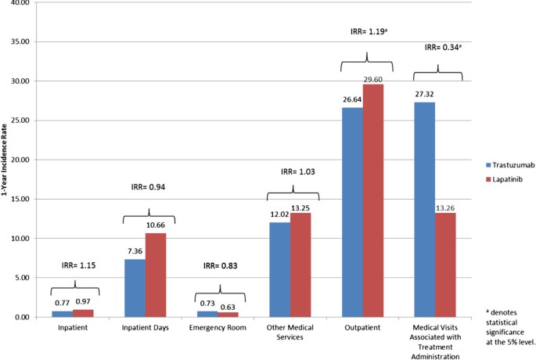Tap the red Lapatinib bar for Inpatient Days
click(x=156, y=275)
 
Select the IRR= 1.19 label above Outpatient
click(x=368, y=32)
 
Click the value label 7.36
click(x=134, y=252)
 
